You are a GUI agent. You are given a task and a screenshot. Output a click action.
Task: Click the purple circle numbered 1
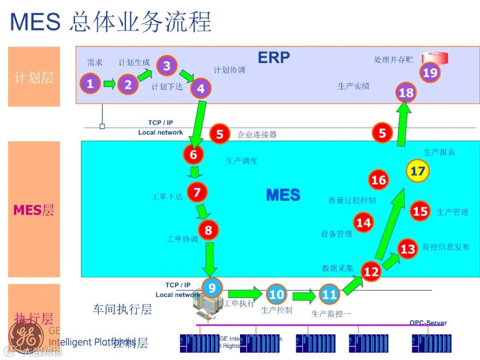90,83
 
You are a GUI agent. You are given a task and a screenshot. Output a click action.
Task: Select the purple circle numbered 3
167,66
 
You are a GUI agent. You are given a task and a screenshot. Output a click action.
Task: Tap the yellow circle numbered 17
418,171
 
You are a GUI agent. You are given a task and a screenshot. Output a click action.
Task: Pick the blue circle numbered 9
212,288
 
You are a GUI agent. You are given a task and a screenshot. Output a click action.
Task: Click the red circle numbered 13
408,249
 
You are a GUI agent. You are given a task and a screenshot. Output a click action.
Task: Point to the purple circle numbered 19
430,72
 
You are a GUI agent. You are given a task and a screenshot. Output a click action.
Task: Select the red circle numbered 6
193,154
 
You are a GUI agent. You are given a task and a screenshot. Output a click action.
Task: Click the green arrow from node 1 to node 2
109,83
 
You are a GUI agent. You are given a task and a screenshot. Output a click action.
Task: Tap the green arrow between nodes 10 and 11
304,295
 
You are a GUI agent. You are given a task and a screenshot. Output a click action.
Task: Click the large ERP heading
274,57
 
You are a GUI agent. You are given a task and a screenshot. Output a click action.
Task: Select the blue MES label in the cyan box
283,195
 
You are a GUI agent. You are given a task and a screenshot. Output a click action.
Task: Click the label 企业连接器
257,134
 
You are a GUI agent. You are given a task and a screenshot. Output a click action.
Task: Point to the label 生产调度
242,161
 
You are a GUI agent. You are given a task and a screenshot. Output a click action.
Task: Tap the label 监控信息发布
446,247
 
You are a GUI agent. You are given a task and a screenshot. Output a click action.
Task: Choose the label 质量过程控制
352,200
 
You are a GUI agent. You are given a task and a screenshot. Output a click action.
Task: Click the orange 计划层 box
34,77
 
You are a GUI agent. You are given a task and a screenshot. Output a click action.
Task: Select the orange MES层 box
34,209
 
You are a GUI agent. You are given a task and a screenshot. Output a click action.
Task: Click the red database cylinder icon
435,58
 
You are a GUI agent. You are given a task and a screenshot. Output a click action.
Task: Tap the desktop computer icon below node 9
207,307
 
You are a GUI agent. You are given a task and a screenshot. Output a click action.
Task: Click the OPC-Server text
428,323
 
